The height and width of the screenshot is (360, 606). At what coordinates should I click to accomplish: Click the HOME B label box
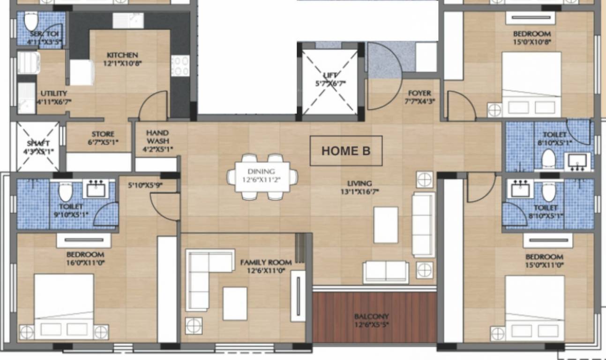pyautogui.click(x=346, y=150)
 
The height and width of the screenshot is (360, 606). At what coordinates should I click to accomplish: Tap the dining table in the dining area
pyautogui.click(x=262, y=177)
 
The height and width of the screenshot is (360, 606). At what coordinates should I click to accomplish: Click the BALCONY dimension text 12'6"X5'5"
pyautogui.click(x=373, y=324)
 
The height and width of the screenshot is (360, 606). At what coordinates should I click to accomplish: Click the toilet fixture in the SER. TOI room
pyautogui.click(x=31, y=22)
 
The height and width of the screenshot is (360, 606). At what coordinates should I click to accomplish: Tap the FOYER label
pyautogui.click(x=419, y=93)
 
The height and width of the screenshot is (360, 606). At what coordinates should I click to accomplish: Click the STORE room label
pyautogui.click(x=103, y=134)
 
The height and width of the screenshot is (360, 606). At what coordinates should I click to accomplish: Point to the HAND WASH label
pyautogui.click(x=157, y=137)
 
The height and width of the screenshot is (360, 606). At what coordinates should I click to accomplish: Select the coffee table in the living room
pyautogui.click(x=386, y=225)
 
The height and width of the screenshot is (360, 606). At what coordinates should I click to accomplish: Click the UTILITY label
pyautogui.click(x=53, y=93)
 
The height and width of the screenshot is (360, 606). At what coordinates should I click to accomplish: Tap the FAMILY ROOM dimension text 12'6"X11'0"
pyautogui.click(x=266, y=270)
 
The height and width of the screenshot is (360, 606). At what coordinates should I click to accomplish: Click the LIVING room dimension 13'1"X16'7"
pyautogui.click(x=359, y=191)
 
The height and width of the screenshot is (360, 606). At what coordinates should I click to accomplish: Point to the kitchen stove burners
pyautogui.click(x=180, y=66)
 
